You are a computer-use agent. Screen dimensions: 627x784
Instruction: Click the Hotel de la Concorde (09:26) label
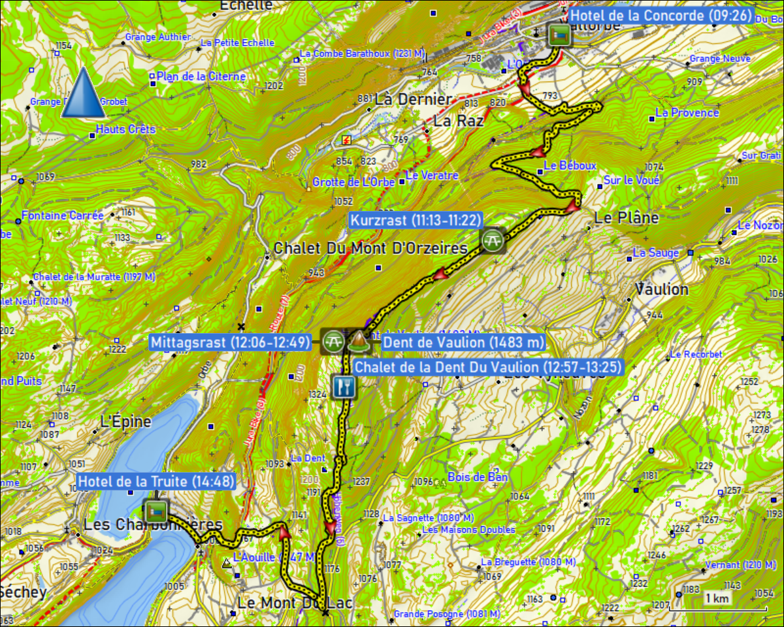662,16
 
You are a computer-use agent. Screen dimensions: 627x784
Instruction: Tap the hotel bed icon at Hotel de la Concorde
559,35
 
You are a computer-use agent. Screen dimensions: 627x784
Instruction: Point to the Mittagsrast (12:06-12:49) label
231,342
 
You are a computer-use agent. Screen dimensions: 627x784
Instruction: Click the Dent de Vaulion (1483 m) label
463,342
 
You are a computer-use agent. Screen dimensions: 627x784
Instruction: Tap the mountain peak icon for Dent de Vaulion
358,340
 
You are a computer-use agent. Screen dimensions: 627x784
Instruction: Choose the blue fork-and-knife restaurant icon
344,387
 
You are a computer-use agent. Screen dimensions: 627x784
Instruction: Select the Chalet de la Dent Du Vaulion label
487,367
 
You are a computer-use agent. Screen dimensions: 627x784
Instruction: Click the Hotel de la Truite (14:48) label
155,482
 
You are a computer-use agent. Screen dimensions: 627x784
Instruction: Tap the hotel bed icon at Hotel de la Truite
155,510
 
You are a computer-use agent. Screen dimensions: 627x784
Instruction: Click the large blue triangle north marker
83,93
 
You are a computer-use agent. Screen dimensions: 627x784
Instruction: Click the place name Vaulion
662,289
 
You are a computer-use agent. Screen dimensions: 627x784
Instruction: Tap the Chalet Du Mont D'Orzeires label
370,248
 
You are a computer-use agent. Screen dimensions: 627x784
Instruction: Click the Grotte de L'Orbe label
353,182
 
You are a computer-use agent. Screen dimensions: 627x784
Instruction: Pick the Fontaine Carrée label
62,215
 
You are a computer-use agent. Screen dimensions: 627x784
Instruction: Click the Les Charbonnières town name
153,525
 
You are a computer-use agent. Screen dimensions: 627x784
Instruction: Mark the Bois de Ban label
478,477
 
